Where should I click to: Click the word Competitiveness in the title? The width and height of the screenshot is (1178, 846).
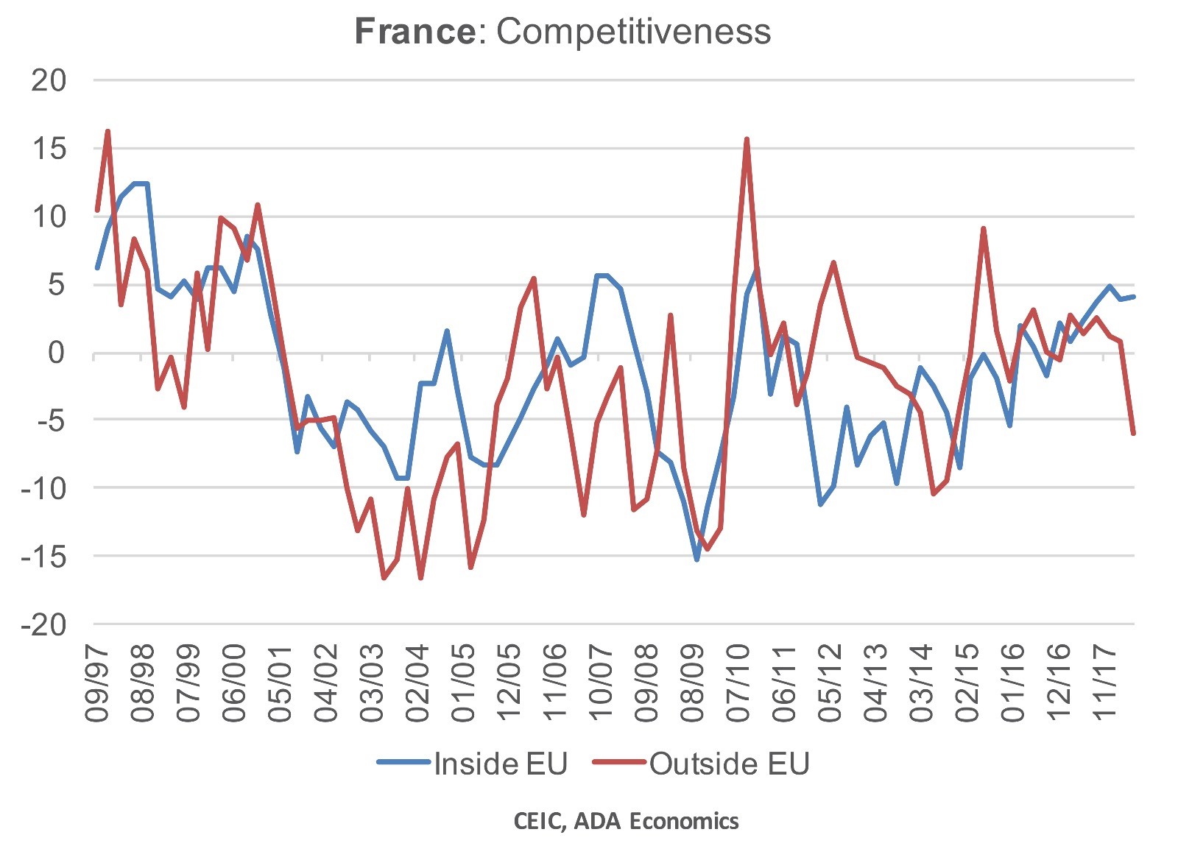pyautogui.click(x=633, y=31)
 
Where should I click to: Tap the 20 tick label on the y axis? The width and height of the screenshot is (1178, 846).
pyautogui.click(x=49, y=80)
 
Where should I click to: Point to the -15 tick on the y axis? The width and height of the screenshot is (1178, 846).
pyautogui.click(x=44, y=557)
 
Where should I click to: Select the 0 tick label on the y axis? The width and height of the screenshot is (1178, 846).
pyautogui.click(x=56, y=353)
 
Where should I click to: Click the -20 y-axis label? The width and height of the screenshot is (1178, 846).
pyautogui.click(x=44, y=625)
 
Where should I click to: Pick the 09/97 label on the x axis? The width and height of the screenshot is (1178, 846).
pyautogui.click(x=97, y=683)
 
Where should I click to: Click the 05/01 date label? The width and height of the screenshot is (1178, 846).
pyautogui.click(x=281, y=683)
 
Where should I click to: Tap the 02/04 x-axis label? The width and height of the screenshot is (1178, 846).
pyautogui.click(x=417, y=683)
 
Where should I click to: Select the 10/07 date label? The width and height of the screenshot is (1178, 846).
pyautogui.click(x=601, y=683)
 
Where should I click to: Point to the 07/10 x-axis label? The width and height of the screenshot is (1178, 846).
pyautogui.click(x=738, y=683)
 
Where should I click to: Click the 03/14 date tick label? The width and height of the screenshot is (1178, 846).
pyautogui.click(x=921, y=683)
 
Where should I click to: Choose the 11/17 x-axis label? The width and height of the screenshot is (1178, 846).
pyautogui.click(x=1104, y=683)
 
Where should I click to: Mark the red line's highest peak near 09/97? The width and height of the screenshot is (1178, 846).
pyautogui.click(x=108, y=131)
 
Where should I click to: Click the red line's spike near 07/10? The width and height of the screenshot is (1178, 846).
pyautogui.click(x=747, y=138)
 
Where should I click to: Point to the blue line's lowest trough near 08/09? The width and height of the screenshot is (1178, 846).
pyautogui.click(x=696, y=560)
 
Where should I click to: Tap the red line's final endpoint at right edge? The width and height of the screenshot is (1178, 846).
pyautogui.click(x=1134, y=434)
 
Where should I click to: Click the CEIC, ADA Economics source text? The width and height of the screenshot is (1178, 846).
pyautogui.click(x=627, y=821)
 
